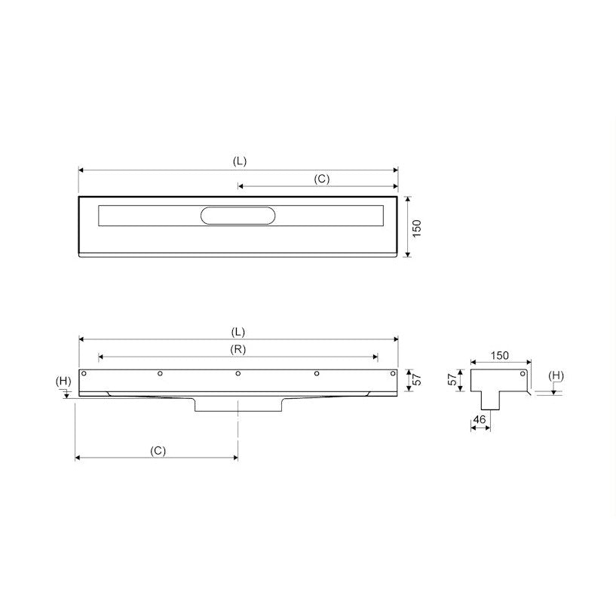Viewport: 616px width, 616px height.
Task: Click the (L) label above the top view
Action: [240, 161]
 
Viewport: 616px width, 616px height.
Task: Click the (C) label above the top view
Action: [322, 179]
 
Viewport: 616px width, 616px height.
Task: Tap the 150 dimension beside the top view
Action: [417, 228]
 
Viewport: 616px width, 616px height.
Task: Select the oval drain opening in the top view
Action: [238, 216]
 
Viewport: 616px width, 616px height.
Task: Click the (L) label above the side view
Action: [238, 332]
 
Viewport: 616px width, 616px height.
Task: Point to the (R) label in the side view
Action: [238, 349]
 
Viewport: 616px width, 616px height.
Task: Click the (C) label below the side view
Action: [158, 451]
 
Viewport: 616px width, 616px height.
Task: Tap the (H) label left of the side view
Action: [63, 381]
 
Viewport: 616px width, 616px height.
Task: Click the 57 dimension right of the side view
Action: [417, 379]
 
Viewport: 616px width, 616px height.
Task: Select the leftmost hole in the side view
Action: [84, 373]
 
